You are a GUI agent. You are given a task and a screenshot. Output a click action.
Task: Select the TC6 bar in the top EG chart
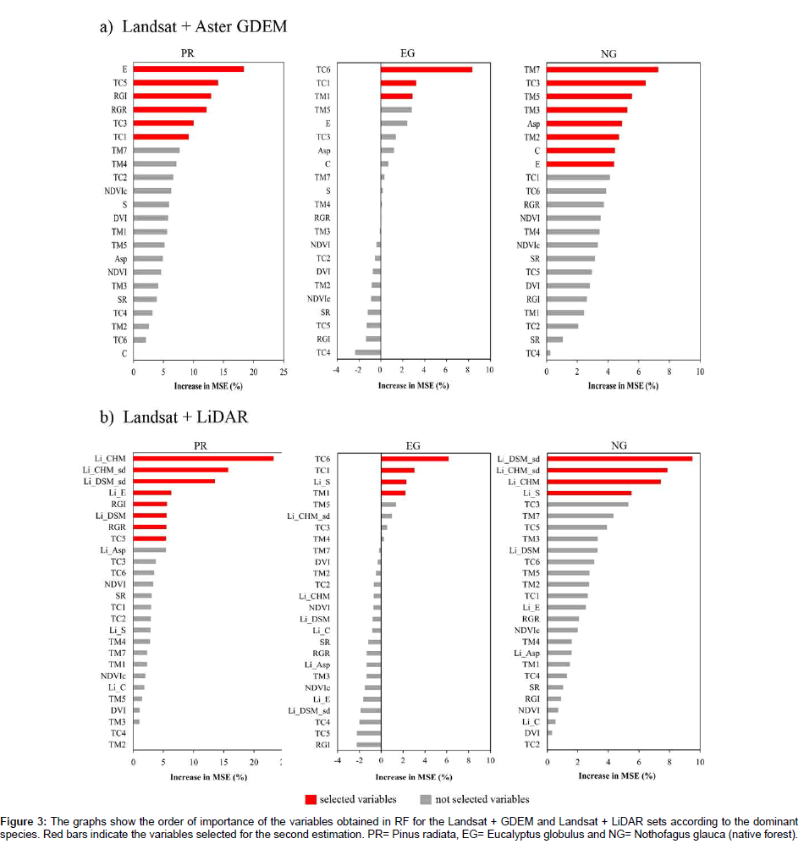point(426,69)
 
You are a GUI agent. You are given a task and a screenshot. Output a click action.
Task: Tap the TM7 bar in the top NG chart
point(602,69)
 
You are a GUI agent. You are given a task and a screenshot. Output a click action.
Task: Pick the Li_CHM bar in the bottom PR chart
point(203,458)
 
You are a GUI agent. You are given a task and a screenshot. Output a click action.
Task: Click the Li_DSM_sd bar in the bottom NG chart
point(619,458)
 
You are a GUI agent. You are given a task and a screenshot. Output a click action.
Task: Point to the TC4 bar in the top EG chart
point(368,352)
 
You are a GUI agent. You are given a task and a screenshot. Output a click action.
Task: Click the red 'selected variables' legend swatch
point(311,799)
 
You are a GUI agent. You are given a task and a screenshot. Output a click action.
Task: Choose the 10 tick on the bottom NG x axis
point(699,763)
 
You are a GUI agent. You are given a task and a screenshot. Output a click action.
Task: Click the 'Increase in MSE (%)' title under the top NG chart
point(622,386)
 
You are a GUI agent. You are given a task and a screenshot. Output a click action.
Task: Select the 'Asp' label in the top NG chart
point(533,124)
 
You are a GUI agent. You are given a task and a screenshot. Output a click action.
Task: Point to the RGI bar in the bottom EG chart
point(369,745)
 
